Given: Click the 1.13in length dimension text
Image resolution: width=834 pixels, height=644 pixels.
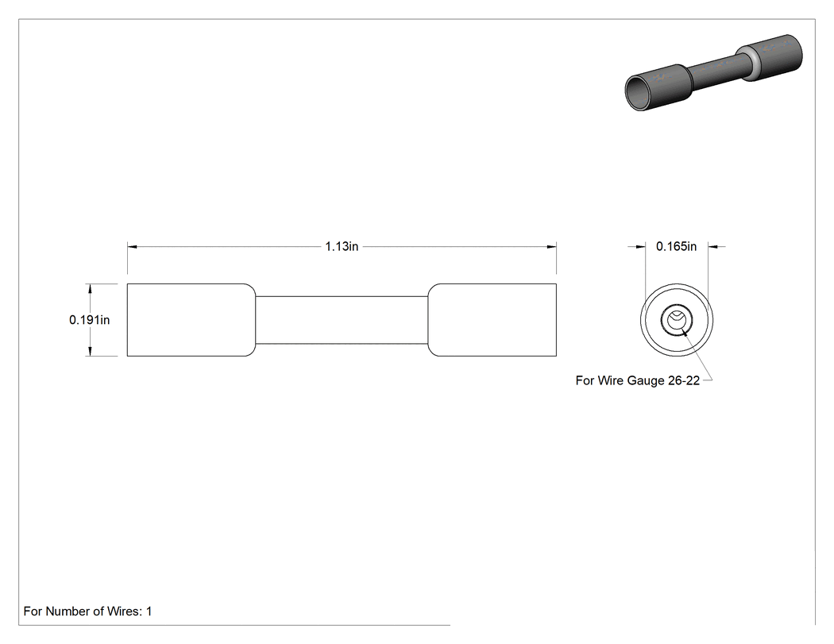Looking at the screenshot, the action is click(x=342, y=246).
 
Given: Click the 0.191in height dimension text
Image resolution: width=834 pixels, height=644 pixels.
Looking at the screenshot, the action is click(x=89, y=319).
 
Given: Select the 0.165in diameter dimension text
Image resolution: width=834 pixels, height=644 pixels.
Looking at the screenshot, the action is click(x=676, y=246).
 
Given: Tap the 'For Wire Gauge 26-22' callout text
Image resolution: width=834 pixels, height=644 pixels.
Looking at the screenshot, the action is click(x=637, y=381).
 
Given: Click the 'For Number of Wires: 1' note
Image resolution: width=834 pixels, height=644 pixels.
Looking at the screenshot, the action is click(x=87, y=611).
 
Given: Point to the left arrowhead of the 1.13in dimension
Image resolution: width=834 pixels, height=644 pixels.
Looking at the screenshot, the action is click(x=132, y=247).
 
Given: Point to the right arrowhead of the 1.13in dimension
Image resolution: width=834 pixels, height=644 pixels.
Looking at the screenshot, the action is click(x=551, y=247).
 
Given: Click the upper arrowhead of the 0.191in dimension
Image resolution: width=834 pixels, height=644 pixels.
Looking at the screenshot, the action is click(x=90, y=289).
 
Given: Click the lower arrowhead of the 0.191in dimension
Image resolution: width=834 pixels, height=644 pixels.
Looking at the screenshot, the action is click(x=90, y=351).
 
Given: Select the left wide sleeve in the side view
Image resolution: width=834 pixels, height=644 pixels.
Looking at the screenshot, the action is click(x=191, y=319).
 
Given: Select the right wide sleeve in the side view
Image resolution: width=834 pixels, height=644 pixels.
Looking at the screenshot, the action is click(x=492, y=319).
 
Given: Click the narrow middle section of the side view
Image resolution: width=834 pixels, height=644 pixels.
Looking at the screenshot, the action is click(x=342, y=319).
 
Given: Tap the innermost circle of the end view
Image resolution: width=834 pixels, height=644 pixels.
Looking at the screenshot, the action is click(x=677, y=318).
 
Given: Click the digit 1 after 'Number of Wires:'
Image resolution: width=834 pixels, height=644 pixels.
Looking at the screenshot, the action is click(x=149, y=611).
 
